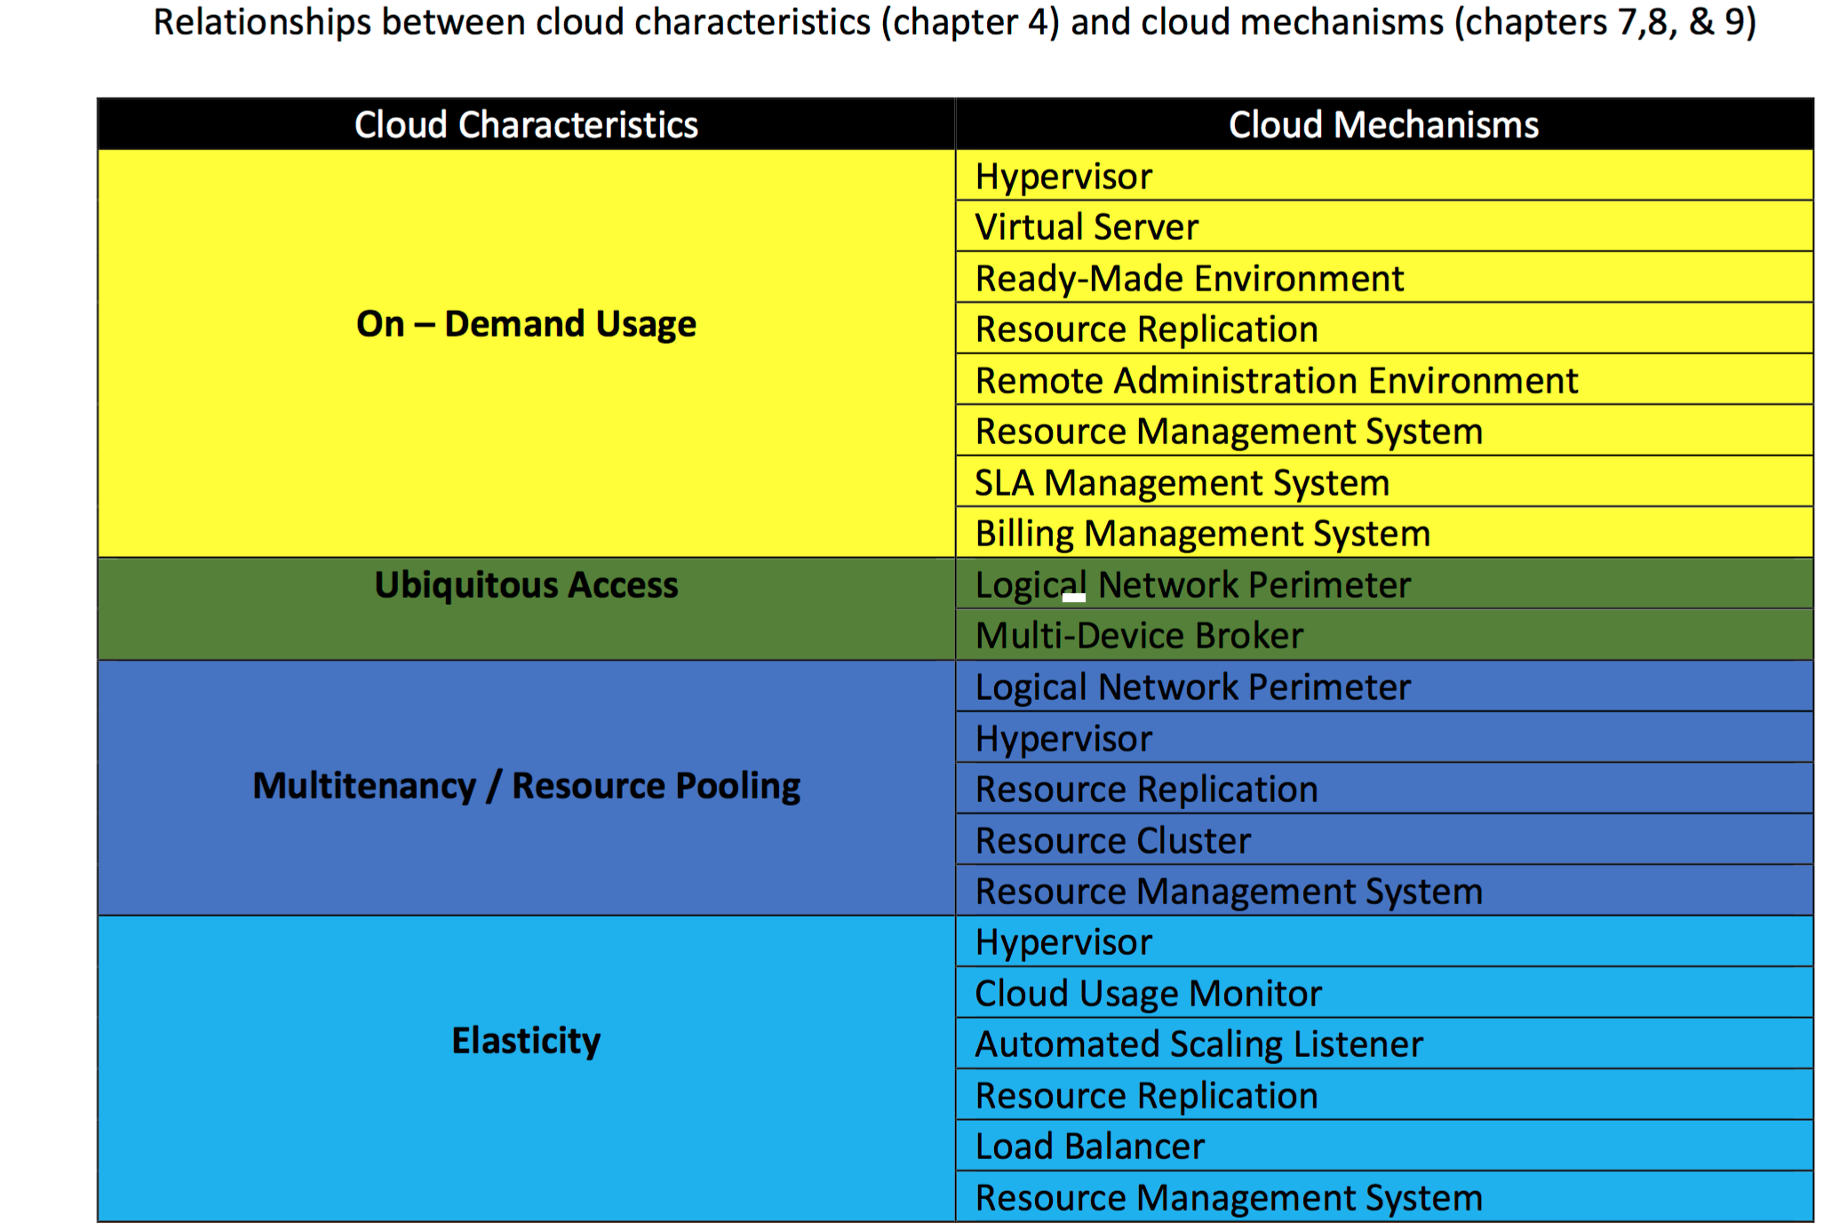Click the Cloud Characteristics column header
pos(526,124)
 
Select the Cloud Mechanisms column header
pos(1383,124)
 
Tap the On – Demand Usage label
pos(526,324)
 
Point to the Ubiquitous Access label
pos(526,585)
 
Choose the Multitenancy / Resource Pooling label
pos(526,786)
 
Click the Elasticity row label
pos(526,1041)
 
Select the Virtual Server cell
pos(1087,227)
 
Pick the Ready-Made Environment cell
pos(1190,279)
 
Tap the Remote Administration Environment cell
pos(1277,381)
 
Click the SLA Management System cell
pos(1182,483)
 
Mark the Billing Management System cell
pos(1203,534)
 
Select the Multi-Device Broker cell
pos(1139,636)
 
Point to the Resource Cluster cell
pos(1113,841)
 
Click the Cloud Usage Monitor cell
pos(1149,994)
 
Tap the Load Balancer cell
pos(1090,1147)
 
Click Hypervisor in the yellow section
pos(1063,177)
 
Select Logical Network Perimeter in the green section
pos(1193,585)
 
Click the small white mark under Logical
pos(1074,598)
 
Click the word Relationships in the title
pos(262,22)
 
